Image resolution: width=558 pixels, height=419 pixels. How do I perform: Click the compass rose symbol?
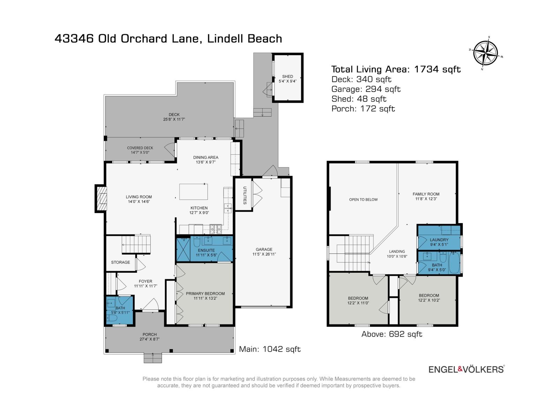tap(485, 53)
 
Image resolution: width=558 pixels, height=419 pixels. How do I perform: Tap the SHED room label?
tap(287, 76)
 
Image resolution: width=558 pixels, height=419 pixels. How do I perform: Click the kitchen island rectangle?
tap(193, 191)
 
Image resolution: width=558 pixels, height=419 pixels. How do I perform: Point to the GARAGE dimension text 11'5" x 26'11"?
tap(264, 254)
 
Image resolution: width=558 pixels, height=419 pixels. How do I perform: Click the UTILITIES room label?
tap(244, 196)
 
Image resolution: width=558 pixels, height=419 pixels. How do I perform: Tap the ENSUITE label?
tap(206, 250)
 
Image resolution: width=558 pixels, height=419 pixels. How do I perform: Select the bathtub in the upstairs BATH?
tap(454, 263)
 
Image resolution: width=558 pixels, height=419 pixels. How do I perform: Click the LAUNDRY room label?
tap(439, 240)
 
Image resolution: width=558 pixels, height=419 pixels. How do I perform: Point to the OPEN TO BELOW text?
tap(363, 200)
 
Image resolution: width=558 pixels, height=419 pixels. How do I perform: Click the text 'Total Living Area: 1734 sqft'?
tap(396, 69)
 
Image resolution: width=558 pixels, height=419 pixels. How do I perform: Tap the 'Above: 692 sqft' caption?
tap(392, 334)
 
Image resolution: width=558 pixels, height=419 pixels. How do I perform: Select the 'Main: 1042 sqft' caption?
tap(270, 349)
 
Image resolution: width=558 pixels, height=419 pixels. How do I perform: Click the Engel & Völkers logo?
tap(466, 369)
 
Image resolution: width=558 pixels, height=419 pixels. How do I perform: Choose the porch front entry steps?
tap(153, 358)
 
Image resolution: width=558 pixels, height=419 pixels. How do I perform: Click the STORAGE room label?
tap(120, 262)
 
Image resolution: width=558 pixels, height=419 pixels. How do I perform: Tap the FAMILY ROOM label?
tap(426, 194)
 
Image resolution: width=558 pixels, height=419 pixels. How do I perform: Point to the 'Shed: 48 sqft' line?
tap(359, 99)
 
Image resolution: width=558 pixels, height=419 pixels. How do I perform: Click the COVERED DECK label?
tap(140, 148)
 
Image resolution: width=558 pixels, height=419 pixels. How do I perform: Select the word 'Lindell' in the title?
tap(225, 38)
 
